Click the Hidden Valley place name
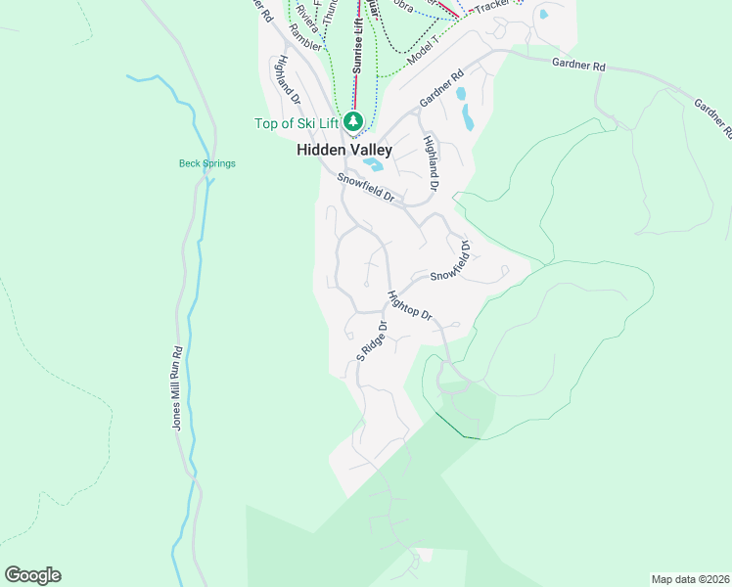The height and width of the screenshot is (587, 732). tap(344, 151)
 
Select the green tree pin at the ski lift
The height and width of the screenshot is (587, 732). tap(353, 122)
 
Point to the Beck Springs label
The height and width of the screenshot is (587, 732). tap(206, 163)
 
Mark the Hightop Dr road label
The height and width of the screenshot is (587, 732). tap(409, 305)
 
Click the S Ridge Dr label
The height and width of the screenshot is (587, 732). tap(372, 340)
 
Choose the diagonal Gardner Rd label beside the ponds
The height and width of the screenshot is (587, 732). tap(440, 89)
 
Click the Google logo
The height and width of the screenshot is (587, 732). tap(32, 575)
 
